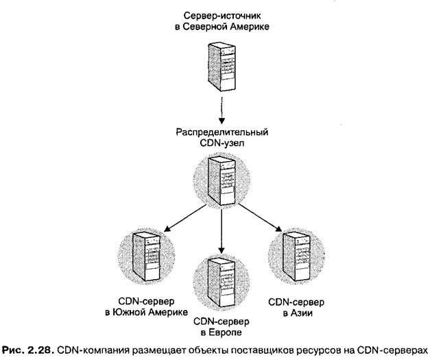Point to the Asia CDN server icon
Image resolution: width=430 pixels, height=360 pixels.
tap(294, 256)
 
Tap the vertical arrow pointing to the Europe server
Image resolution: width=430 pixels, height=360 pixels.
tap(220, 226)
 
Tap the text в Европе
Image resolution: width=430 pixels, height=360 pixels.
tap(221, 333)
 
